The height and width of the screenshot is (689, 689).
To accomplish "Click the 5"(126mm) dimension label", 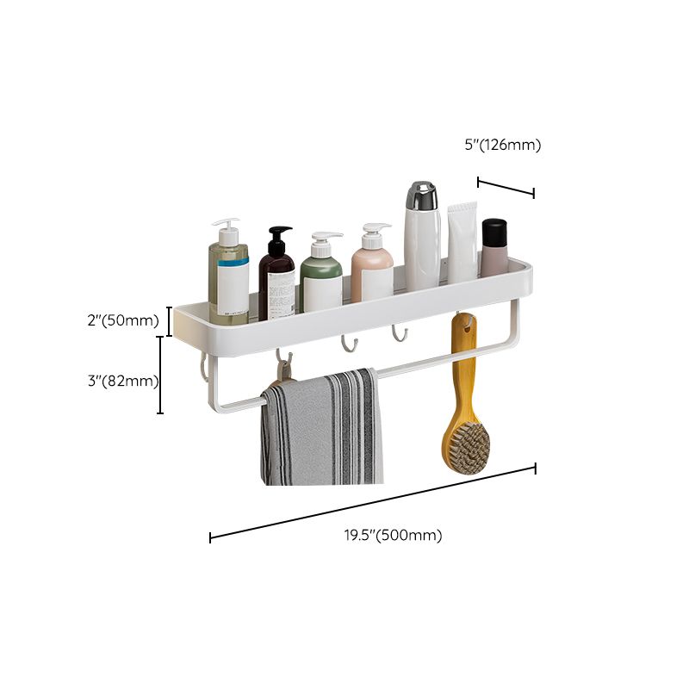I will coord(502,146).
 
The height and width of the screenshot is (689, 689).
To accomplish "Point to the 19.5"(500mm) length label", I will coord(394,536).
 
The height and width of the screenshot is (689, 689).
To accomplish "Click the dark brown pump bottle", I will coord(276,276).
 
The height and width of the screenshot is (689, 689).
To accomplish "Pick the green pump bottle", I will coord(321,277).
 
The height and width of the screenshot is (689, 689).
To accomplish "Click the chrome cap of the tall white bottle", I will coord(422,196).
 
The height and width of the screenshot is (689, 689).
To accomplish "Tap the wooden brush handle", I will coord(463,370).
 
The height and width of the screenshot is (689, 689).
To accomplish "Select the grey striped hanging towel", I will coord(323,431).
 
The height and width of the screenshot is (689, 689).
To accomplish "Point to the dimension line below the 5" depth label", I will coord(506,187).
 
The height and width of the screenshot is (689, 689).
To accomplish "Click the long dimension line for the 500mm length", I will coord(372,503).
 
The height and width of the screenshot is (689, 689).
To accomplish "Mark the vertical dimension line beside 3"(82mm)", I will coord(160,376).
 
